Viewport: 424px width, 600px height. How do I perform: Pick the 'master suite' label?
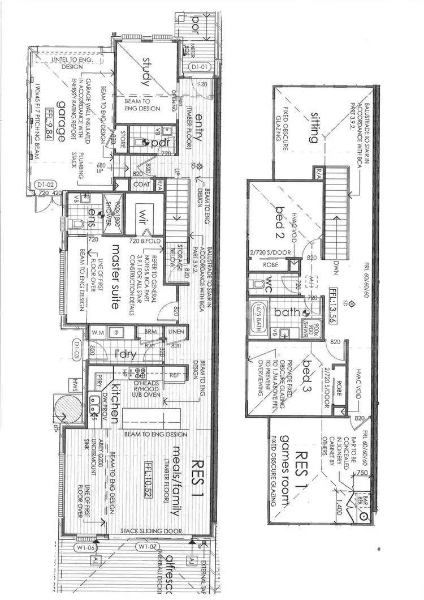click(x=115, y=276)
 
